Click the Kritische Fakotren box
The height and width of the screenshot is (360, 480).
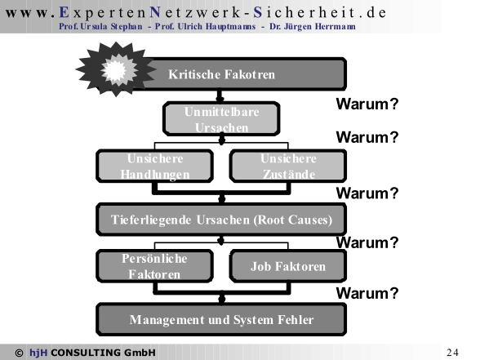click(x=245, y=74)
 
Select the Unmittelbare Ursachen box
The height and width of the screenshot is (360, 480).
click(x=221, y=119)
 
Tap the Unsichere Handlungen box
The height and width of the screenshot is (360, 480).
click(x=155, y=167)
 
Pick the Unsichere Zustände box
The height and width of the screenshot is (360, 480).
click(x=288, y=167)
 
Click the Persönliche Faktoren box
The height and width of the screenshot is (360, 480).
click(x=155, y=266)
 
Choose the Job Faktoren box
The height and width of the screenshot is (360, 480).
click(x=288, y=266)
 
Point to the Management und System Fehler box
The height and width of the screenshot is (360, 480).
click(x=221, y=320)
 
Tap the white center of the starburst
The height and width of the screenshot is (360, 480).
click(x=115, y=70)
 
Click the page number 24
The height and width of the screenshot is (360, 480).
click(x=452, y=353)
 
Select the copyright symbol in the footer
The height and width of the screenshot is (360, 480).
click(x=19, y=353)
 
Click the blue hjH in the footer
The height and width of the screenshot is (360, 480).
click(x=38, y=353)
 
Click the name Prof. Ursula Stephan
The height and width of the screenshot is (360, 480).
click(x=100, y=27)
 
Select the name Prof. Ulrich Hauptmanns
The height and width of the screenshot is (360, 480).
click(x=205, y=27)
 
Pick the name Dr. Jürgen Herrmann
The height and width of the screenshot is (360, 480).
click(x=313, y=27)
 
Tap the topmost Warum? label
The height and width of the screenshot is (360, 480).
click(x=367, y=104)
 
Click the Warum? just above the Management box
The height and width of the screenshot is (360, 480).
click(x=367, y=293)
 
